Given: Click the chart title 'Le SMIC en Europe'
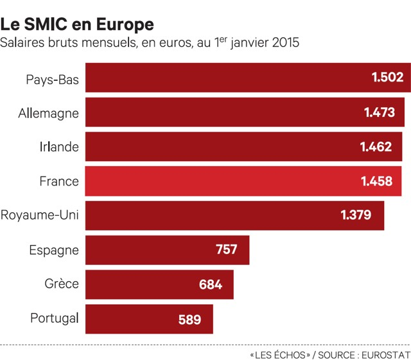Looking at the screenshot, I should pos(77,24).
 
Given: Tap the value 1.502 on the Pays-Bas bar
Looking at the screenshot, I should pos(387,78).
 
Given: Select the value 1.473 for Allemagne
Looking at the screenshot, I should pos(379,112).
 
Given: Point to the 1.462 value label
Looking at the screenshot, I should pos(376,147).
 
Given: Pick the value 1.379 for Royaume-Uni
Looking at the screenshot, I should pos(356,216).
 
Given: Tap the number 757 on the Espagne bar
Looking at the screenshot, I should pos(227,250).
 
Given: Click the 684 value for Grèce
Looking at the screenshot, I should pos(211,284).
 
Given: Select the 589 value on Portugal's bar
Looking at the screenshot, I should pos(190,319).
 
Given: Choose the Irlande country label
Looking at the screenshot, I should pos(59,147).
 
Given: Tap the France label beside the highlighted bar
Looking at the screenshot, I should pos(58,182).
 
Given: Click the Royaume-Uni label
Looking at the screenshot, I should pos(40,216).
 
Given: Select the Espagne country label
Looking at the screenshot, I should pos(54,250).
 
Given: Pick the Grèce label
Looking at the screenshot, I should pos(62,284).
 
